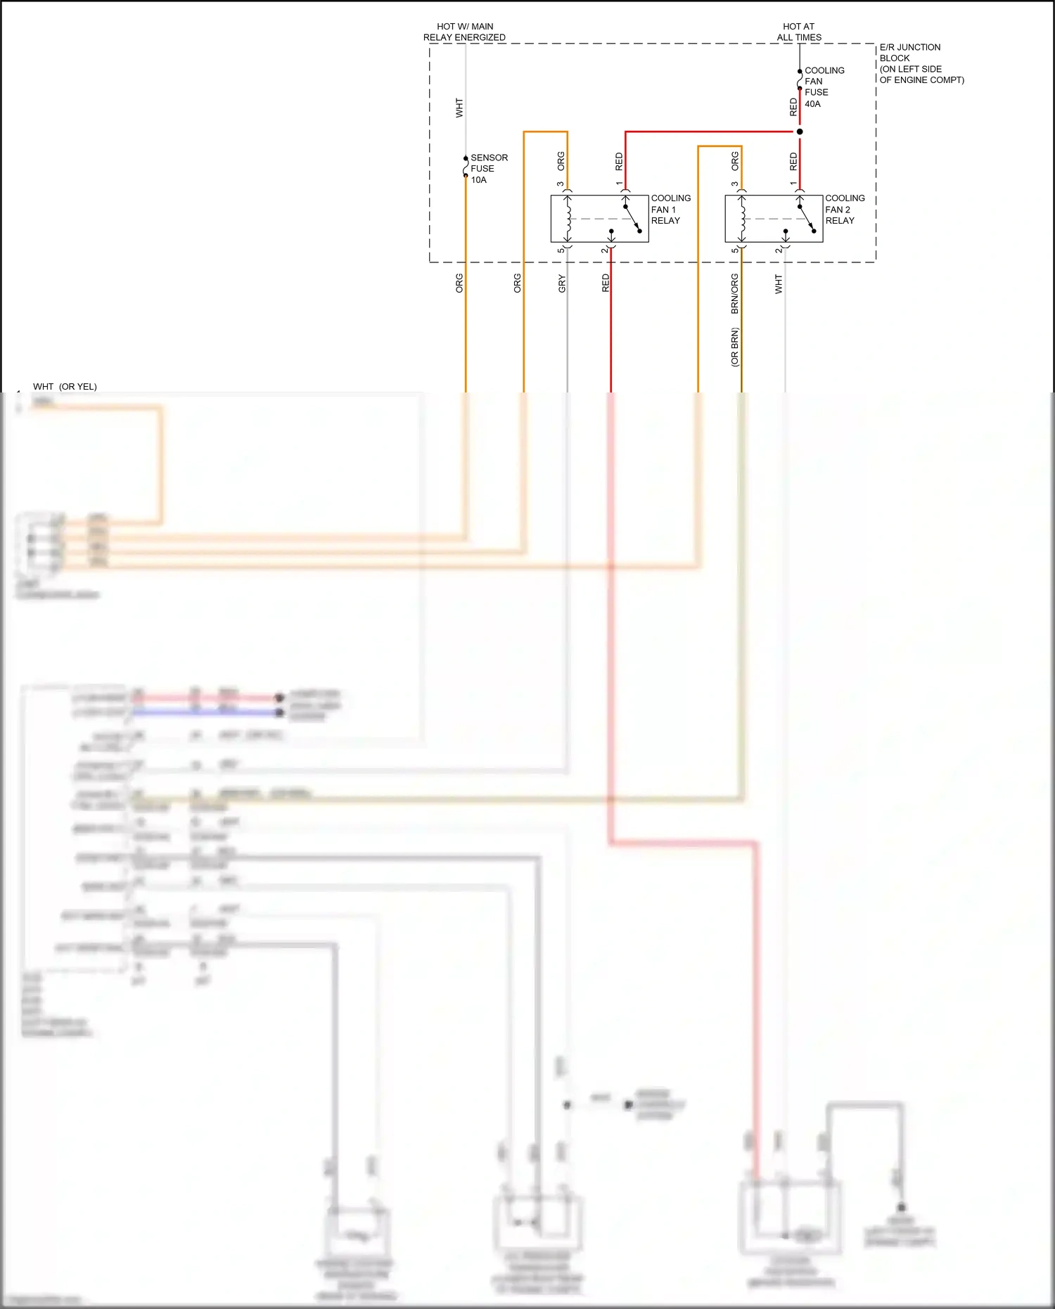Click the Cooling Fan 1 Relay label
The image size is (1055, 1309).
point(670,210)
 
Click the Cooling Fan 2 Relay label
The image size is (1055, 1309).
point(844,210)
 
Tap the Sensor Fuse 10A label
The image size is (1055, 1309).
point(489,169)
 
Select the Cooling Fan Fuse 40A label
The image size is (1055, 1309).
point(824,87)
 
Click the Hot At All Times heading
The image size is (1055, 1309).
point(799,32)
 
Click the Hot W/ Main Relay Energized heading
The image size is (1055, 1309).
point(464,32)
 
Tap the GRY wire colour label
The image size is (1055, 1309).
point(562,283)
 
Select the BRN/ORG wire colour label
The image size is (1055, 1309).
point(735,293)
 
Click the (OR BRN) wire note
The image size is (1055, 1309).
point(735,347)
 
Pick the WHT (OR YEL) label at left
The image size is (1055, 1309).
point(65,386)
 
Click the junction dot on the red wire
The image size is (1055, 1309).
point(800,132)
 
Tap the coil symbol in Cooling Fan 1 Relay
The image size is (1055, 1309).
point(568,218)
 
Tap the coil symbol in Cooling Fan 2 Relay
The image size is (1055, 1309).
point(742,218)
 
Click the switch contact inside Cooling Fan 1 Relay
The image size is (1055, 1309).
point(632,218)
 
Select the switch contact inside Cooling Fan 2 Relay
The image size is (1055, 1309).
point(806,218)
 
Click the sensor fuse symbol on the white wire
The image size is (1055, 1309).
point(466,167)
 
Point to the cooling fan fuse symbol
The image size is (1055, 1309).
point(800,79)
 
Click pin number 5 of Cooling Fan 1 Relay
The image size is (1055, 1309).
point(561,250)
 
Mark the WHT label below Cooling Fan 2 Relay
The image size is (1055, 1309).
point(779,283)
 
